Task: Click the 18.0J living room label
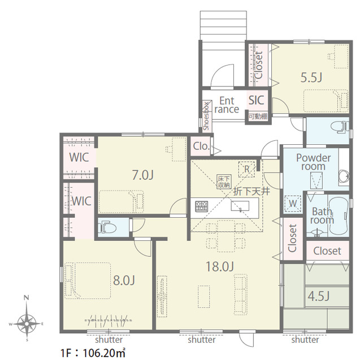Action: coord(219,266)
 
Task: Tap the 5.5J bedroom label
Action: coord(311,77)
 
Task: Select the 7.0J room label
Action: coord(143,175)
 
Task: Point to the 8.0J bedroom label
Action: coord(124,281)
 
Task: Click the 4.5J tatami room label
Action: coord(319,296)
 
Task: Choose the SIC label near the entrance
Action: coord(256,100)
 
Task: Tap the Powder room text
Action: coord(314,162)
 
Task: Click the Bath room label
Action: coord(322,216)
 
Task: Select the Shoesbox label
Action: coord(206,116)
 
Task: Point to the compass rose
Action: coord(27,324)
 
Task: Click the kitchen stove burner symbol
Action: coord(201,206)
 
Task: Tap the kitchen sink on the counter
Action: coord(240,206)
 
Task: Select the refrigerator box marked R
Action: coord(247,169)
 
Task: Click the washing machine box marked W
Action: coord(293,204)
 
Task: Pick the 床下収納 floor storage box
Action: coord(224,182)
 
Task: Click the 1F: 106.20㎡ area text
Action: coord(93,353)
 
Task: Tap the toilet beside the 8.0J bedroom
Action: coord(107,227)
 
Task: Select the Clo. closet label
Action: coord(201,146)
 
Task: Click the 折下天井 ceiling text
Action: coord(251,191)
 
